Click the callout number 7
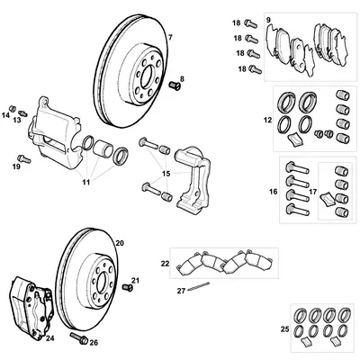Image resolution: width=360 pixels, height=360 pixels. (170, 36)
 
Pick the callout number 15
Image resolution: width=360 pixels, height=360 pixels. (164, 172)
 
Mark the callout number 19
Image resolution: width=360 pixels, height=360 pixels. (16, 166)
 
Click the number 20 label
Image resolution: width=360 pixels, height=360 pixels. (120, 243)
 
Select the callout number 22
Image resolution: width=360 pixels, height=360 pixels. (165, 263)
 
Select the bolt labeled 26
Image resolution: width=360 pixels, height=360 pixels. (74, 340)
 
